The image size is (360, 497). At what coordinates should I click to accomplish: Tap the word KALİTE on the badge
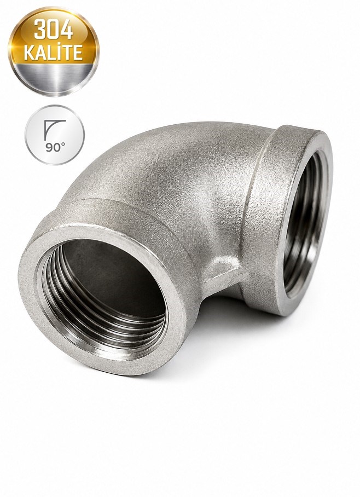coord(54,53)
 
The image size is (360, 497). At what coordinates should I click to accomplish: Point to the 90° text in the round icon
coord(55,147)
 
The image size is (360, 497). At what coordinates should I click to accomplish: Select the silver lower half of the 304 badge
coord(54,78)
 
